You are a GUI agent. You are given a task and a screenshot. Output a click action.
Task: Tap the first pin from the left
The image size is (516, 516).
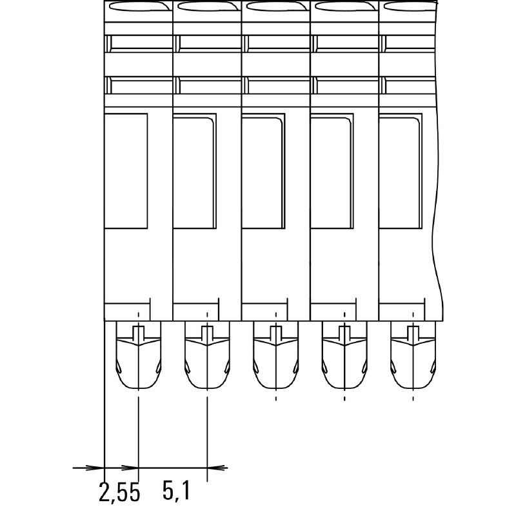pyautogui.click(x=139, y=355)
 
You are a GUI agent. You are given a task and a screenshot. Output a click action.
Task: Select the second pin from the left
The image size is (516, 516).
pyautogui.click(x=207, y=355)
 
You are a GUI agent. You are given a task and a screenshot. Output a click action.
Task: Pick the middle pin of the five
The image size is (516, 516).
pyautogui.click(x=276, y=355)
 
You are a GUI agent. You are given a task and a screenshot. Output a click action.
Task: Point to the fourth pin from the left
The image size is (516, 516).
pyautogui.click(x=344, y=355)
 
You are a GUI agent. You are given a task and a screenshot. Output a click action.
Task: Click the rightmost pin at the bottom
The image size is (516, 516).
pyautogui.click(x=413, y=355)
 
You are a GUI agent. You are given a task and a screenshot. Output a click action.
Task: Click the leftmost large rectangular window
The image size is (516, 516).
pyautogui.click(x=126, y=171)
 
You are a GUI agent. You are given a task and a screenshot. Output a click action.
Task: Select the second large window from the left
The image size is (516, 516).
pyautogui.click(x=195, y=171)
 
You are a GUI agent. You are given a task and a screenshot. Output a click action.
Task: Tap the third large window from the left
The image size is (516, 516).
pyautogui.click(x=263, y=171)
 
